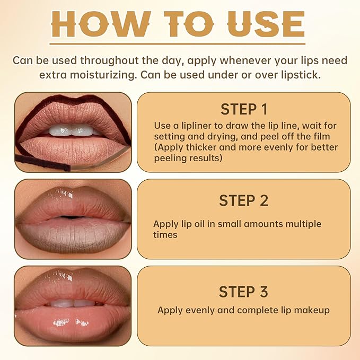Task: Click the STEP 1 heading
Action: point(244,109)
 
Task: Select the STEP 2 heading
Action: point(244,200)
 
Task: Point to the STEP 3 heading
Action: point(244,292)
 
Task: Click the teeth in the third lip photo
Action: point(72,303)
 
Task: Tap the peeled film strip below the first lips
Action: point(42,162)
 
